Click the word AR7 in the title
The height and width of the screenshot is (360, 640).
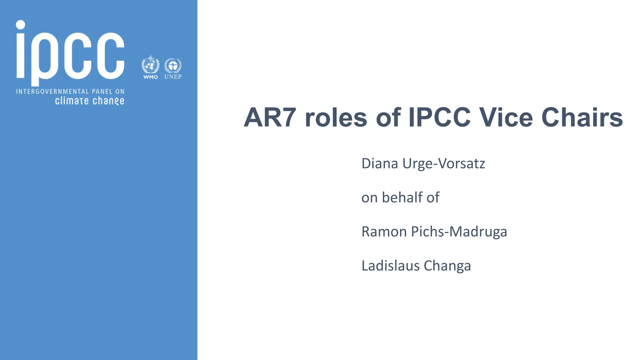(x=270, y=118)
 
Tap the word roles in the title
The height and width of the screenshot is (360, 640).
(x=336, y=118)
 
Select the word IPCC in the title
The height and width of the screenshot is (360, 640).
(x=439, y=118)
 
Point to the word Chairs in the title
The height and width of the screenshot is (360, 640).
(x=582, y=118)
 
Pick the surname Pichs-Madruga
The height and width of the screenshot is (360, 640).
(x=459, y=232)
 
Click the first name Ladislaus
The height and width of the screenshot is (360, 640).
(x=390, y=266)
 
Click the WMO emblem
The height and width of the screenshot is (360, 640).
(x=150, y=65)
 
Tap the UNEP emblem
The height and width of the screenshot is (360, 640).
(x=173, y=65)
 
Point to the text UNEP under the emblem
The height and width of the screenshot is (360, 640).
(x=173, y=77)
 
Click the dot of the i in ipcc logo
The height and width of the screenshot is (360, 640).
(x=21, y=25)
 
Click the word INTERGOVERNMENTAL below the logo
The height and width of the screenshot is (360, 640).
(x=52, y=92)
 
